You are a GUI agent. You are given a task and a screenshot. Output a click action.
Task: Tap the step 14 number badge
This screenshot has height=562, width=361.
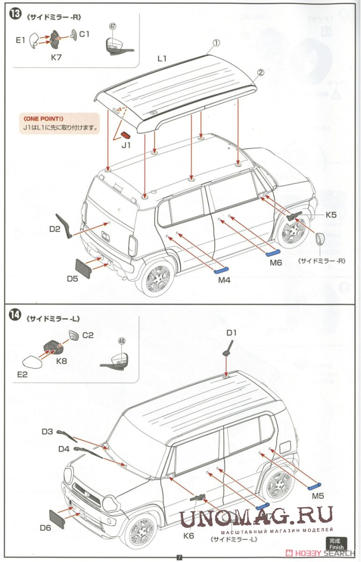(15, 315)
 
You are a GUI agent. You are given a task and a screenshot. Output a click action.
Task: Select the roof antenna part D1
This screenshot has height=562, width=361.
(226, 349)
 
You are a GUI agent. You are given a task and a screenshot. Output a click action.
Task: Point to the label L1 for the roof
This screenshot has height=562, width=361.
(161, 57)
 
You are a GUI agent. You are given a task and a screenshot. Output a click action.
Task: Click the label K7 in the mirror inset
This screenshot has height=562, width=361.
(57, 57)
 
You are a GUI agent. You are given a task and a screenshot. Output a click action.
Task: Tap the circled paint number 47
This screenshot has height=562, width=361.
(113, 26)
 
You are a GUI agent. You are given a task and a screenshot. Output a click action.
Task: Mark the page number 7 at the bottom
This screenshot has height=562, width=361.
(179, 556)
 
